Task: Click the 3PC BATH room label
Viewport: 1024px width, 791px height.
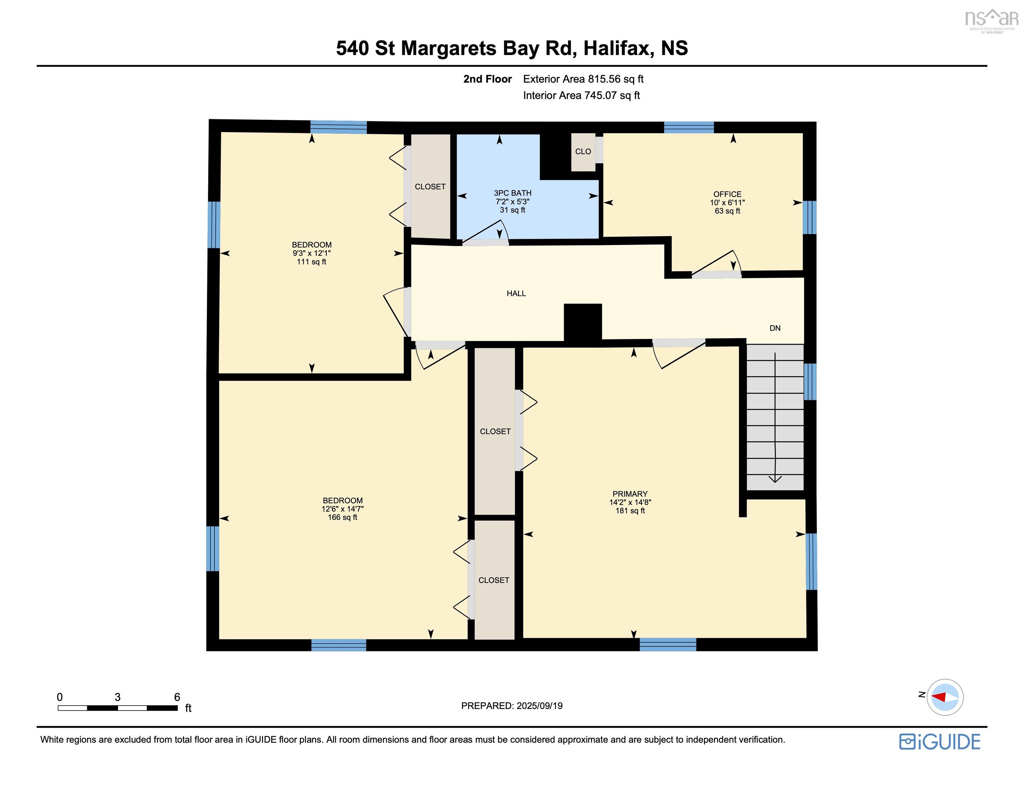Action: point(512,193)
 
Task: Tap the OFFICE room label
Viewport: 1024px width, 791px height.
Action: point(727,194)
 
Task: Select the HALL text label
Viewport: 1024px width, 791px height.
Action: point(516,294)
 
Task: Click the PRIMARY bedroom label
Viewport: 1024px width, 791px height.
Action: point(630,494)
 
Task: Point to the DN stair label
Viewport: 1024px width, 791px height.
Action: point(775,328)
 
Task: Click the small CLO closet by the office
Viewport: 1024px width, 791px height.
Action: point(583,151)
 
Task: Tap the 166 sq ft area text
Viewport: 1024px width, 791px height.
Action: point(342,517)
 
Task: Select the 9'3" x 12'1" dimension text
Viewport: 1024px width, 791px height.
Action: point(312,253)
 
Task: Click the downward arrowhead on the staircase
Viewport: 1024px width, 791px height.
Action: point(775,479)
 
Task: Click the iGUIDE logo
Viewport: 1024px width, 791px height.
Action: point(940,742)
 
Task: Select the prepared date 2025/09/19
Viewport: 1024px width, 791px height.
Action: point(539,706)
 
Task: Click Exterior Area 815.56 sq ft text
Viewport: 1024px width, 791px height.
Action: point(583,79)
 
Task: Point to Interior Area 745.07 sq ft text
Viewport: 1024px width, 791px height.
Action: point(581,96)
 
